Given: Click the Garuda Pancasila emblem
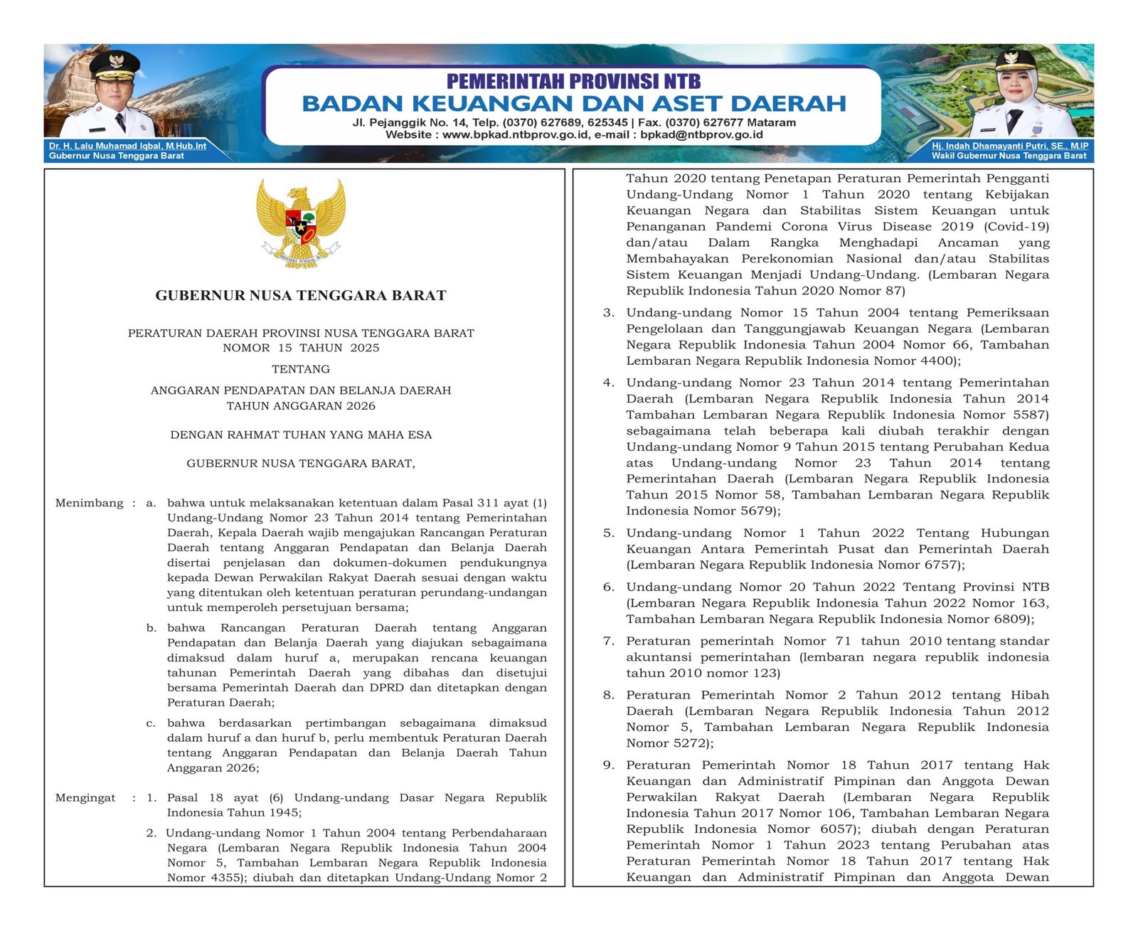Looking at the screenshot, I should coord(301,223).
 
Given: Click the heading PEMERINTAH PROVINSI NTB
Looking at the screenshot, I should coord(573,81).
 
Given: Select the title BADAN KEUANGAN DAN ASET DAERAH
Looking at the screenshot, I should coord(573,104).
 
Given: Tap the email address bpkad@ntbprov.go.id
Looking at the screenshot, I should coord(701,134).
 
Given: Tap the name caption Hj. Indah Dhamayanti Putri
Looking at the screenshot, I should coord(1010,146).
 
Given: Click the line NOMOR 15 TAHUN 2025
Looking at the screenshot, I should coord(301,348).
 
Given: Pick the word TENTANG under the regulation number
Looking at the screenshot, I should coord(301,369).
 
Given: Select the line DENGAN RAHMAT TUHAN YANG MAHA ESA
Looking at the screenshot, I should coord(301,435).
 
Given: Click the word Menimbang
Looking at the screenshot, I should coord(90,503).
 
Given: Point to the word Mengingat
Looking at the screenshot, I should coord(85,797).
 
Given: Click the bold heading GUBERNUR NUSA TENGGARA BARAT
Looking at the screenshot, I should coord(301,296).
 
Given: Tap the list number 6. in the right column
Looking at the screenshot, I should coord(609,587).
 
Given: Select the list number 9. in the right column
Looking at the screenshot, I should coord(609,765).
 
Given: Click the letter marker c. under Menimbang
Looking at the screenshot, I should coord(151,723).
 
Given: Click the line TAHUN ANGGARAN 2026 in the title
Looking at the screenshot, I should coord(301,406).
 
